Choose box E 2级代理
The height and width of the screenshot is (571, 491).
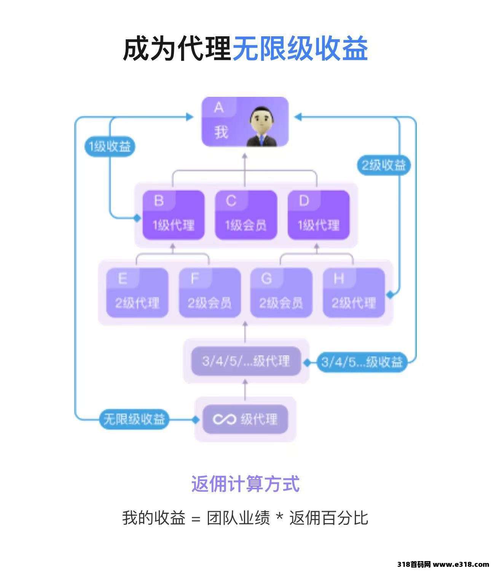pyautogui.click(x=137, y=293)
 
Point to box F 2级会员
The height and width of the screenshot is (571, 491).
pyautogui.click(x=210, y=293)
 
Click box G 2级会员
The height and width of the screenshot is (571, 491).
pyautogui.click(x=281, y=293)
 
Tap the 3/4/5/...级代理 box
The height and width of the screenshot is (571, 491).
pyautogui.click(x=246, y=361)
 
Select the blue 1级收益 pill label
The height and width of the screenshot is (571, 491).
pyautogui.click(x=110, y=147)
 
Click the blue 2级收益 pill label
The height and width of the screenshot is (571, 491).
pyautogui.click(x=384, y=165)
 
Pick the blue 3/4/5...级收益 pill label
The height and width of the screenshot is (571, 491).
pyautogui.click(x=362, y=361)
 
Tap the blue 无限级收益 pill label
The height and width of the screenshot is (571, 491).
pyautogui.click(x=134, y=419)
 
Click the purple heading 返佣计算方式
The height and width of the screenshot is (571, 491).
pyautogui.click(x=245, y=484)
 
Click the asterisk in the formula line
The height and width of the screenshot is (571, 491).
pyautogui.click(x=280, y=517)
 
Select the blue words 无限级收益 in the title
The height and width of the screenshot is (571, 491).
pyautogui.click(x=300, y=49)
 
